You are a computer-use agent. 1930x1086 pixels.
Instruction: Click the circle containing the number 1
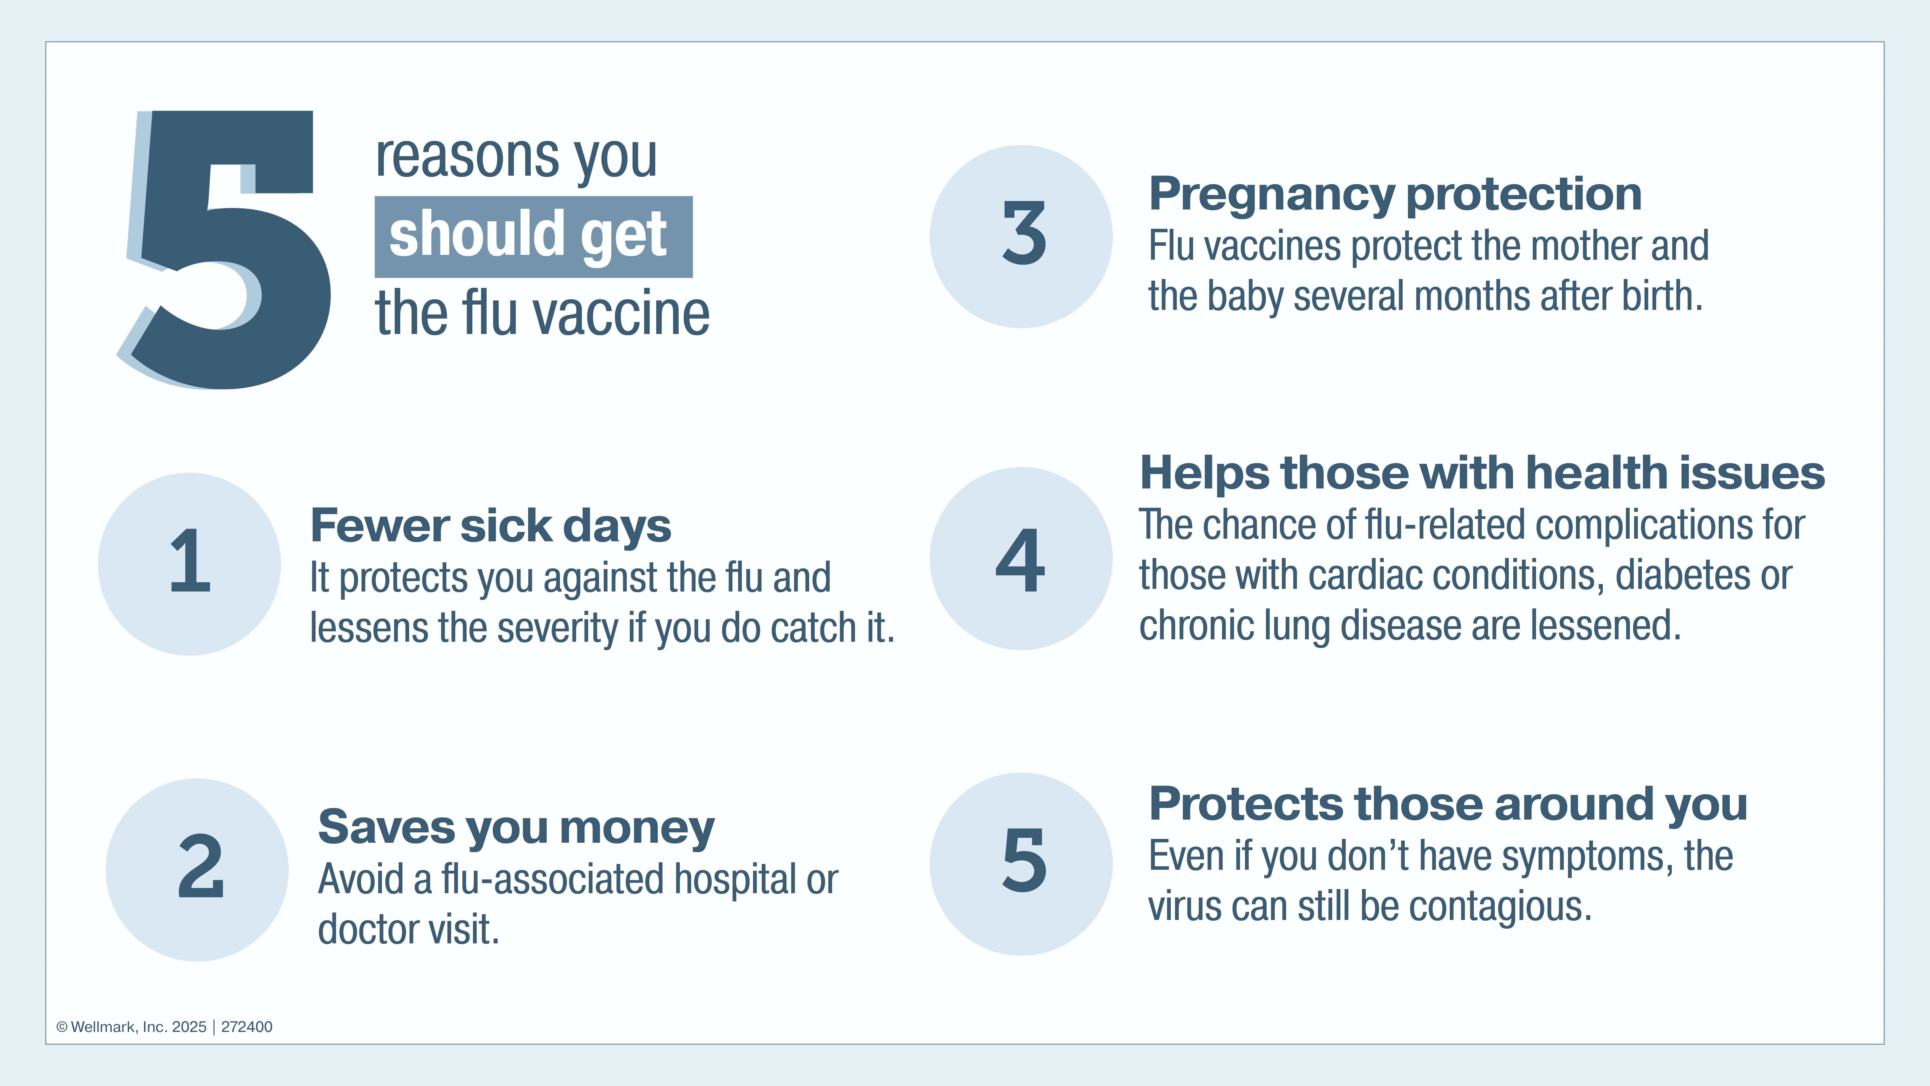190,564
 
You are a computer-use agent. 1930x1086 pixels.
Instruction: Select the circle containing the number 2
197,869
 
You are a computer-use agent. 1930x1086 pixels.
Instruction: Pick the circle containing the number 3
1021,236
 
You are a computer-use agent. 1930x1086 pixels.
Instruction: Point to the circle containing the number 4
1021,558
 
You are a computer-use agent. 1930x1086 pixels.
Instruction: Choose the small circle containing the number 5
1021,863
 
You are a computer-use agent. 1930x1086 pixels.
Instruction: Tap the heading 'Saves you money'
516,828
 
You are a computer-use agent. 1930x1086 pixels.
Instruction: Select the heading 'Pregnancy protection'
1395,194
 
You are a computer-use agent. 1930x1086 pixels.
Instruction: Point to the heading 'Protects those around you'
1447,804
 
